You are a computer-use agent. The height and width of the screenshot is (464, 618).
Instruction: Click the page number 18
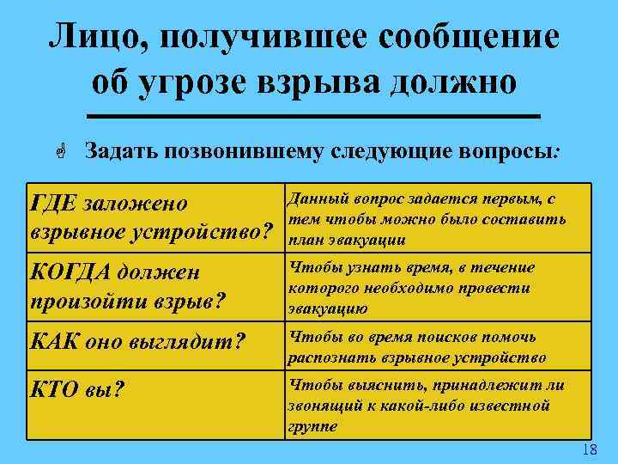click(x=589, y=451)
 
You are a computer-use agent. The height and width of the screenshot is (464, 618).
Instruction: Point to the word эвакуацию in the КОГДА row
click(x=330, y=308)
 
